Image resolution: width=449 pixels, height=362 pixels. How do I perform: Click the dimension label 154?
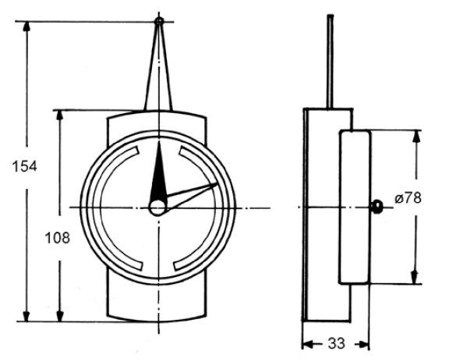26,166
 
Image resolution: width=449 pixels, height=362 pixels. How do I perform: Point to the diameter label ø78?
408,198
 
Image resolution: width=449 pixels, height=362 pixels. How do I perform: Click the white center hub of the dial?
158,207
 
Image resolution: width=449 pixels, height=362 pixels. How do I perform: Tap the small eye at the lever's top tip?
159,21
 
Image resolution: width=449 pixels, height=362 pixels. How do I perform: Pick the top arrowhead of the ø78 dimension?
415,136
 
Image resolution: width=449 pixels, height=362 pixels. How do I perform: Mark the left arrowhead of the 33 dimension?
308,343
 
